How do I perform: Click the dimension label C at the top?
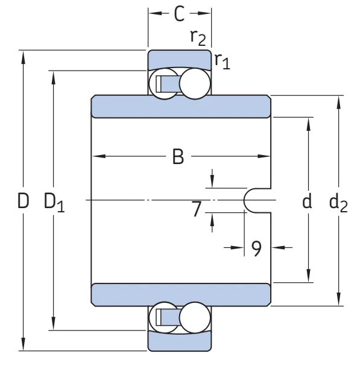tap(179, 14)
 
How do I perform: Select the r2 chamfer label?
tap(198, 37)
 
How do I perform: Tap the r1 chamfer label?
tap(222, 61)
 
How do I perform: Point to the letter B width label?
tap(178, 157)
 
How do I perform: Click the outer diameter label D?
tap(23, 201)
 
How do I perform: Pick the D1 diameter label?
tap(54, 202)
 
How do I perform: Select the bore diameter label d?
tap(307, 200)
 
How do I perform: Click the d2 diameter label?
tap(338, 202)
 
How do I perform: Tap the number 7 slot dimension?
tap(197, 209)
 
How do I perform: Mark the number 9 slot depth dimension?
tap(256, 249)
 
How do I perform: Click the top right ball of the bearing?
tap(195, 83)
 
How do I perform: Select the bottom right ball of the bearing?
tap(195, 317)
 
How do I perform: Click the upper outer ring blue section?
tap(180, 59)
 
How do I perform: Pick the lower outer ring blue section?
tap(180, 341)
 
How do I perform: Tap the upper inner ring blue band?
tap(181, 106)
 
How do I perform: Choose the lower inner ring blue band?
tap(181, 295)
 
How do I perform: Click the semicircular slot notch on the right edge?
tap(244, 200)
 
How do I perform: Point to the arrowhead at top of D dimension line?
tap(23, 57)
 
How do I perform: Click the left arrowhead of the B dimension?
tap(99, 156)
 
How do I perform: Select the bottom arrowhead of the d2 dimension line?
tap(338, 299)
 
